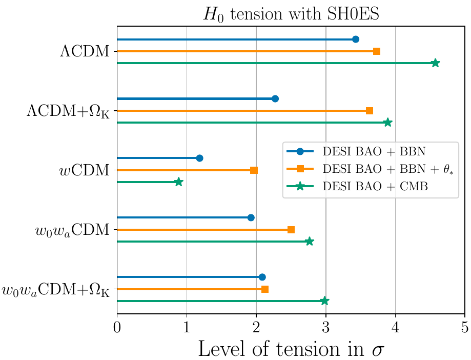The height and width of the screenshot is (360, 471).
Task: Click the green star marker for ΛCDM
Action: (435, 63)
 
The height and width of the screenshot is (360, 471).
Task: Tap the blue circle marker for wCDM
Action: (199, 158)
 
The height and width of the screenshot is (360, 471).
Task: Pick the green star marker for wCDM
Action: (178, 182)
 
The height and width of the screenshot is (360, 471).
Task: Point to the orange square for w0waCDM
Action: (291, 230)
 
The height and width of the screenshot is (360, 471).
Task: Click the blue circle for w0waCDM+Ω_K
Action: (262, 277)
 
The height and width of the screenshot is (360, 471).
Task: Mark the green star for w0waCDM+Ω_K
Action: (324, 301)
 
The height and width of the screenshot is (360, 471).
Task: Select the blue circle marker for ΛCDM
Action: (356, 39)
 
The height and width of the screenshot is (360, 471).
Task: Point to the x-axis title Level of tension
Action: (291, 348)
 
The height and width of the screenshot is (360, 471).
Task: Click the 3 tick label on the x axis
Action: (325, 326)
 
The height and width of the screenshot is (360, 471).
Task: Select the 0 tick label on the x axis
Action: (117, 326)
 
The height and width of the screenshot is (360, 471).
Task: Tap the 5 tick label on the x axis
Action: (464, 326)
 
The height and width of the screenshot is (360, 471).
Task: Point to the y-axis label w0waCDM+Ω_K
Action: (56, 290)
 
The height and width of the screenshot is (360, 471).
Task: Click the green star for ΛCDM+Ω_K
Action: (387, 123)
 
